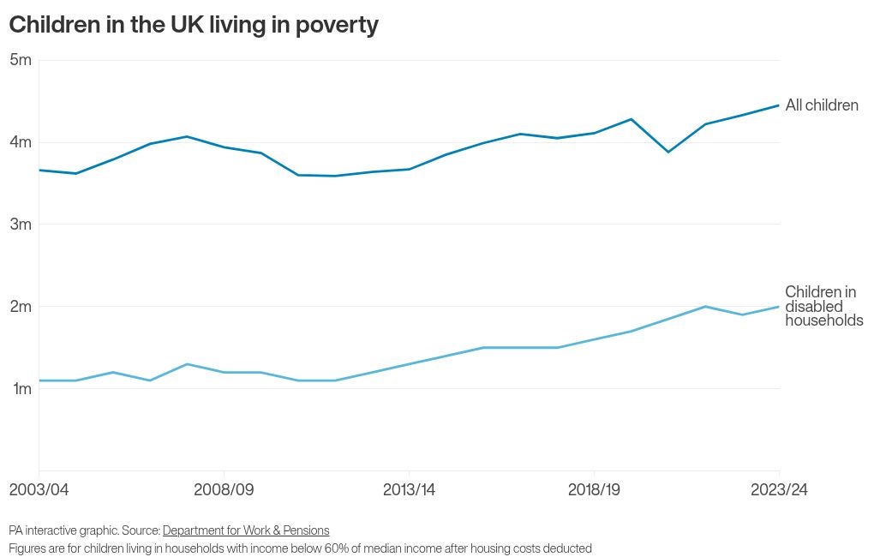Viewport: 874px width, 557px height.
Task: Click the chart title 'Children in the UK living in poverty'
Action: (x=194, y=25)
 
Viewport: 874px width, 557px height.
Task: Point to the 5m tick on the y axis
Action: (x=21, y=60)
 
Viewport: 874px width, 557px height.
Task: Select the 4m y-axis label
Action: (x=21, y=142)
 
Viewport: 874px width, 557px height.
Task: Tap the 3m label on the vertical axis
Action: (x=21, y=225)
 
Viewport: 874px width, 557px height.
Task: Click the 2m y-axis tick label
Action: (x=21, y=307)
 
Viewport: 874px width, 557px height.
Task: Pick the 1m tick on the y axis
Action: (x=21, y=389)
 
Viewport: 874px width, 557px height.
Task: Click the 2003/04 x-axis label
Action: (x=39, y=490)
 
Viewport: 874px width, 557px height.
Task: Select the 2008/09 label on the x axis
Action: (x=224, y=490)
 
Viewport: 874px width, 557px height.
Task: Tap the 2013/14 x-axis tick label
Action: (x=409, y=490)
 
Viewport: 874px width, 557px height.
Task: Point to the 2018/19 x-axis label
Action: (x=594, y=490)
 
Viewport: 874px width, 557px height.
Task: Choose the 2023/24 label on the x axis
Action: (x=779, y=490)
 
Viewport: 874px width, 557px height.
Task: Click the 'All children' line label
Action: (x=822, y=105)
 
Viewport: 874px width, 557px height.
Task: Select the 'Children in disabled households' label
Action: (x=823, y=307)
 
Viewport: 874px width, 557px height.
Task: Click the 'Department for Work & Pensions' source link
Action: (x=246, y=530)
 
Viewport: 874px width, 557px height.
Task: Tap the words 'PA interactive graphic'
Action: (x=63, y=530)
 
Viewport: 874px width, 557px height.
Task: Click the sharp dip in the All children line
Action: (x=668, y=152)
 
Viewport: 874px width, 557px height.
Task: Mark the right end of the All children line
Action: (x=779, y=105)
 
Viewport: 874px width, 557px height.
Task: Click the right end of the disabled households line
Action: (x=779, y=307)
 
